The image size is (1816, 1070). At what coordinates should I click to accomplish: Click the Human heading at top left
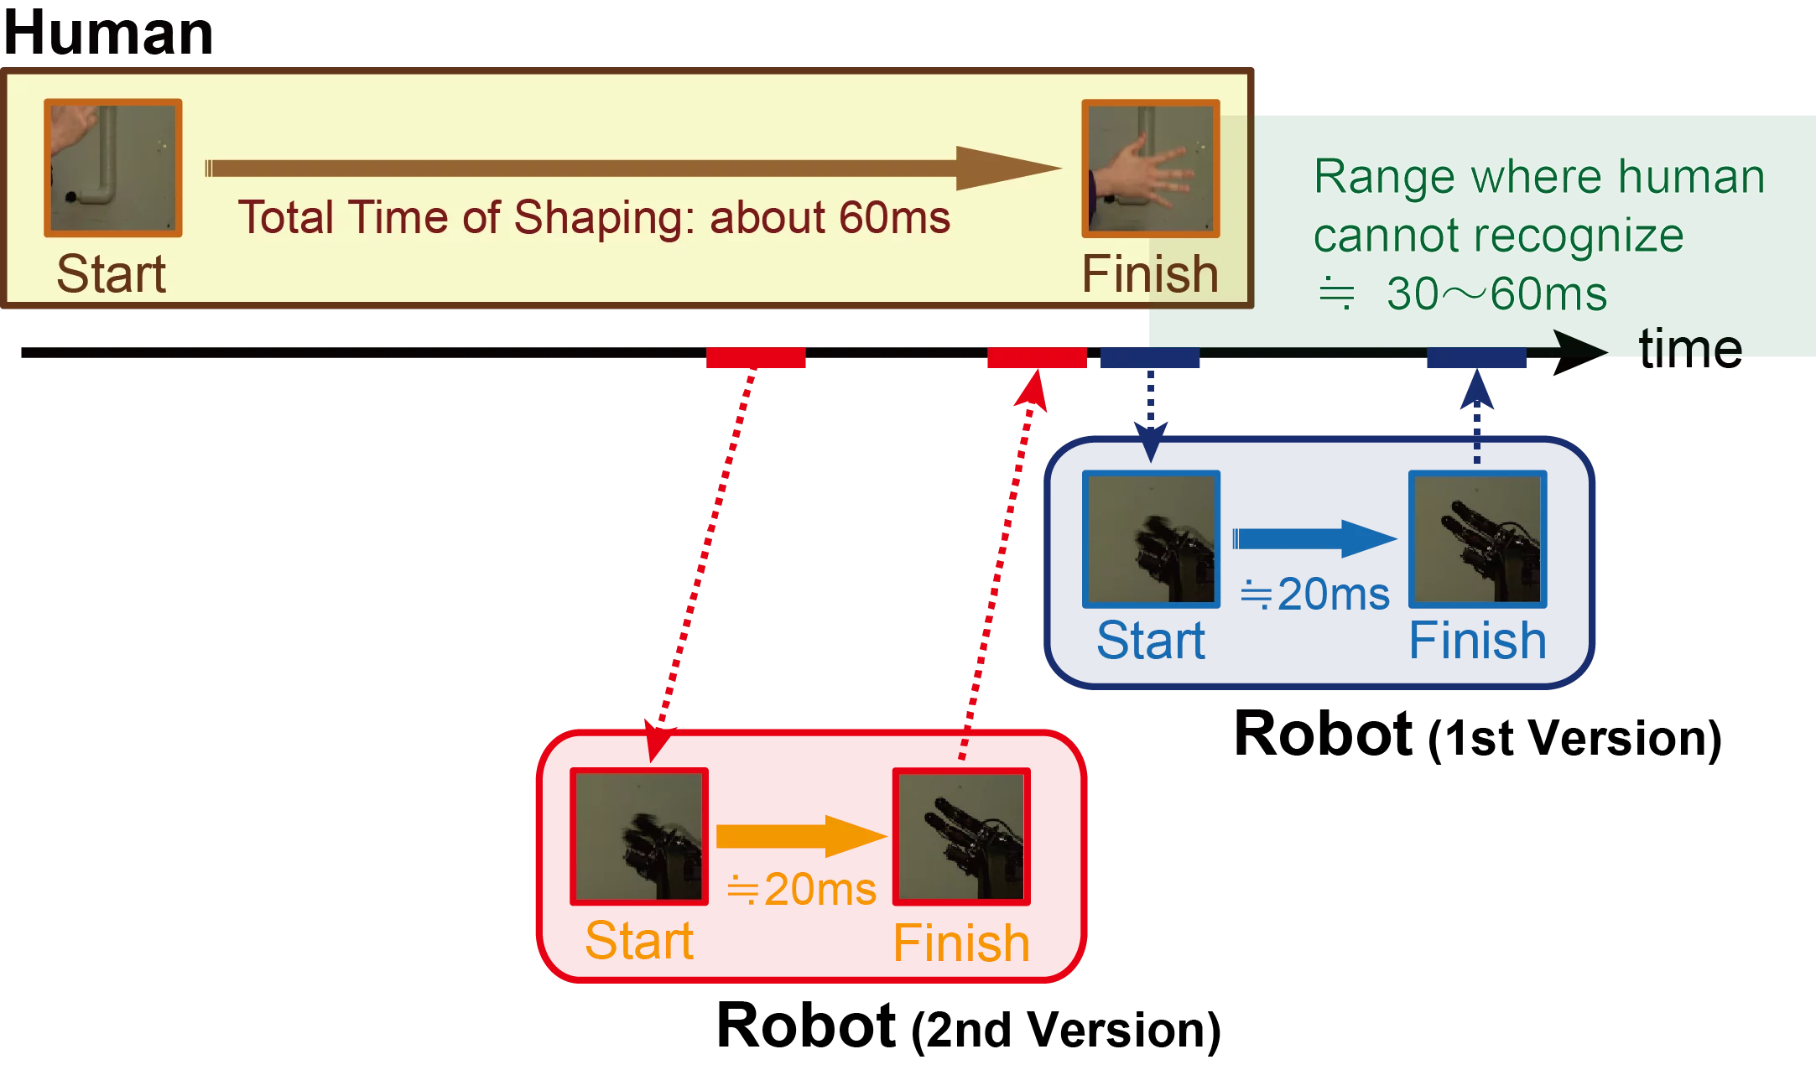pos(107,34)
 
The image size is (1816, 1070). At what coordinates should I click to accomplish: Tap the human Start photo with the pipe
pos(113,168)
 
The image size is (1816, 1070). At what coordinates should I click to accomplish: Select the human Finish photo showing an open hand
pos(1150,168)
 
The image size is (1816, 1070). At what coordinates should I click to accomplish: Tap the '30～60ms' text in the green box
pos(1496,294)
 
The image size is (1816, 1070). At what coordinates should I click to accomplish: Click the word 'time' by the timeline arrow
pos(1689,347)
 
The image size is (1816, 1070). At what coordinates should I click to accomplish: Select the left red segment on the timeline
pos(756,356)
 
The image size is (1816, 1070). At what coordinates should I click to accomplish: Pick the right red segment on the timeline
pos(1037,356)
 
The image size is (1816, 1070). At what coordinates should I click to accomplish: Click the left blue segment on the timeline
pos(1150,356)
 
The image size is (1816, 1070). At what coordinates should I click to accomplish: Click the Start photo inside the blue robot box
pos(1151,539)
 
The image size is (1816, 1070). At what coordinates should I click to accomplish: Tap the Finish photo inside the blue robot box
pos(1477,539)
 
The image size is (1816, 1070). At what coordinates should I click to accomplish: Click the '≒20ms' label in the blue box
pos(1314,595)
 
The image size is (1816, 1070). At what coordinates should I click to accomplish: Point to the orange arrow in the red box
pos(801,836)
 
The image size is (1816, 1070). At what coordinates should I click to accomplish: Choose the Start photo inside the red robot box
pos(638,836)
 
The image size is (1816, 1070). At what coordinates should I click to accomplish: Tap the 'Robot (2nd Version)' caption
pos(969,1027)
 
